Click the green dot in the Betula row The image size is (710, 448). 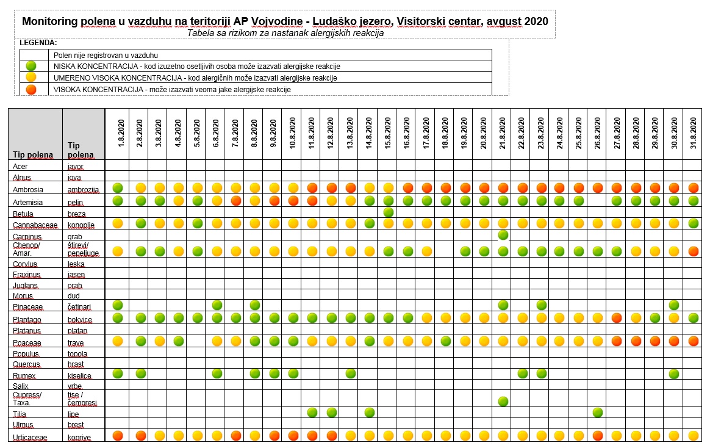388,212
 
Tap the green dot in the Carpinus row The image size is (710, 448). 503,234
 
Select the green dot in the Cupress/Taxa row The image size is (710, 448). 503,401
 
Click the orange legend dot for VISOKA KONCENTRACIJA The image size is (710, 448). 30,89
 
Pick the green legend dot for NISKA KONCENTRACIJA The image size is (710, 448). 30,66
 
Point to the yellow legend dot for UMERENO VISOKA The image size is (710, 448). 30,77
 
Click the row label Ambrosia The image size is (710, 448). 28,190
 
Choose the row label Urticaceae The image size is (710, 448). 30,438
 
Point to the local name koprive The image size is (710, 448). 79,438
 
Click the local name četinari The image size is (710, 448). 79,306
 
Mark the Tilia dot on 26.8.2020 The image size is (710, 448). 598,412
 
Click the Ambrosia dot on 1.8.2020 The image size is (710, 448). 118,187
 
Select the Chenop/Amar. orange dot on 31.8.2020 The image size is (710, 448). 694,251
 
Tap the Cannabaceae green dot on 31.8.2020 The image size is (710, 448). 694,223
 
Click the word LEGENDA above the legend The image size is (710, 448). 38,43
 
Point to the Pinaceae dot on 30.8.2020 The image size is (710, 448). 674,305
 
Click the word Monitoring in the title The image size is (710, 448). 50,22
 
